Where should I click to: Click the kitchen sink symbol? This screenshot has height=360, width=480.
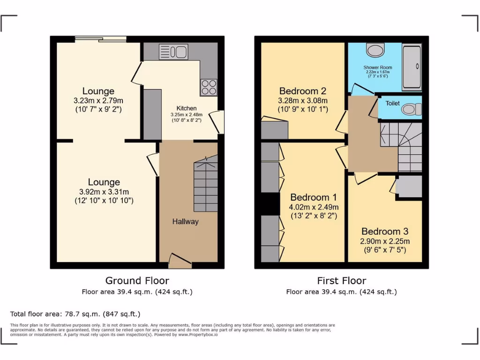173,51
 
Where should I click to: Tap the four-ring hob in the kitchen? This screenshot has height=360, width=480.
209,87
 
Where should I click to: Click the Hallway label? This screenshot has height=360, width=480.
185,222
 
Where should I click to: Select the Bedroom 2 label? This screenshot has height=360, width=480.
302,91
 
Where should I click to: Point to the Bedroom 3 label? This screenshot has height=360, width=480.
385,231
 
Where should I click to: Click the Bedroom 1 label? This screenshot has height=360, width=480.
314,197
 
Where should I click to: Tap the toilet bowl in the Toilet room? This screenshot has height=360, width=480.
411,109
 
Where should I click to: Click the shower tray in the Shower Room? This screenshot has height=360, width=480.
412,67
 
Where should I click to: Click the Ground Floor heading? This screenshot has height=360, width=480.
137,281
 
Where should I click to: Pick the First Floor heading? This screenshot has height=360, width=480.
341,281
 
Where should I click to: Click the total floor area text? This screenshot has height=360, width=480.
75,314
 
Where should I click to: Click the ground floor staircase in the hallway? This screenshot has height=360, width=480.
206,185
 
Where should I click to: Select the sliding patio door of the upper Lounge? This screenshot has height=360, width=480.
100,39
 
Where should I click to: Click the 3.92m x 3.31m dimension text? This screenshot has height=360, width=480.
104,191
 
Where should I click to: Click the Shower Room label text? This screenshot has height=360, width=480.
378,67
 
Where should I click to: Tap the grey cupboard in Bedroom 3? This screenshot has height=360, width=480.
409,187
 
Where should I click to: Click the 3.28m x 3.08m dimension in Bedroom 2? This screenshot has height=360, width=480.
302,100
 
